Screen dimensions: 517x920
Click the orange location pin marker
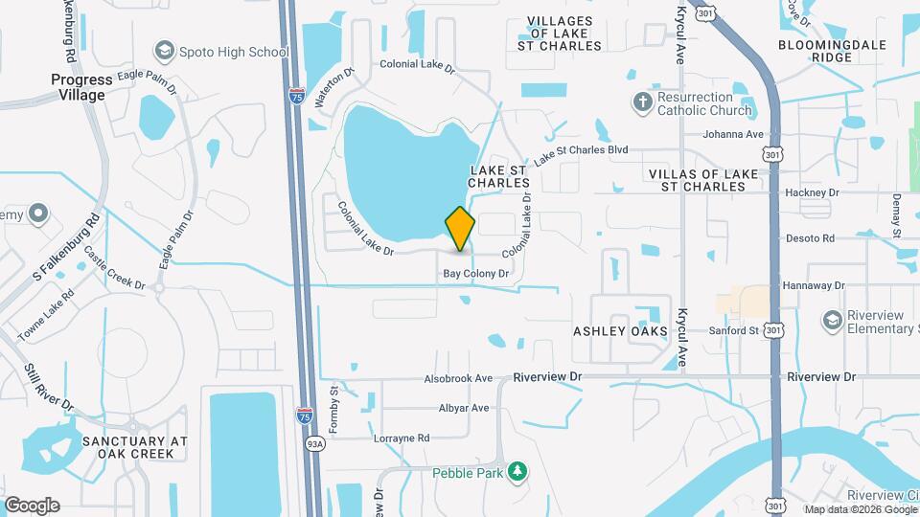pyautogui.click(x=460, y=228)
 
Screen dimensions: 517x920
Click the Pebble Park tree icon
pyautogui.click(x=517, y=471)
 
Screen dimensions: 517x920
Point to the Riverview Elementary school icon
pyautogui.click(x=832, y=319)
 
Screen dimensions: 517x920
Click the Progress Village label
pyautogui.click(x=81, y=87)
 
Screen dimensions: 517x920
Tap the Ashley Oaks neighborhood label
pyautogui.click(x=621, y=330)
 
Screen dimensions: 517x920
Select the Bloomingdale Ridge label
pyautogui.click(x=828, y=51)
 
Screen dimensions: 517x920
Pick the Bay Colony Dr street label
pyautogui.click(x=475, y=274)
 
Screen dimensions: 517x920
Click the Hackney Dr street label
pyautogui.click(x=812, y=192)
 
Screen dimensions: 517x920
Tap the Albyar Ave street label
pyautogui.click(x=464, y=408)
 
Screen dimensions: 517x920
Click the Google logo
pyautogui.click(x=32, y=506)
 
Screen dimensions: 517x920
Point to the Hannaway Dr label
pyautogui.click(x=813, y=285)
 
